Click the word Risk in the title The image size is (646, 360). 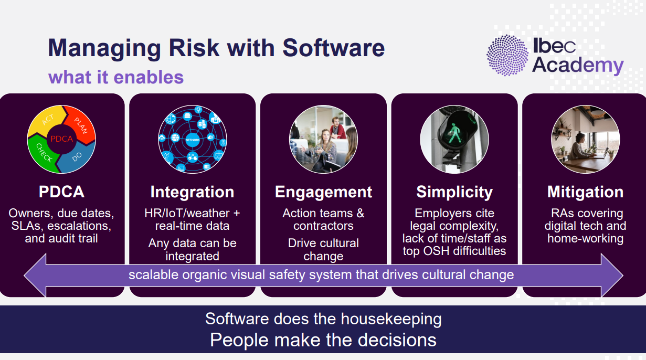(x=194, y=48)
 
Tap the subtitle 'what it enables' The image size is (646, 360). (x=116, y=77)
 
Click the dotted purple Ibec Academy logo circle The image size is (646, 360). (x=507, y=55)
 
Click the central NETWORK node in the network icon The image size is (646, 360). (x=193, y=140)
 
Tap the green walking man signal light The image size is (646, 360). (x=454, y=134)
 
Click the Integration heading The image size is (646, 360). (x=193, y=192)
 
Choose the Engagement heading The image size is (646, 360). (x=324, y=192)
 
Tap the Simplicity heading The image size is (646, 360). (x=454, y=192)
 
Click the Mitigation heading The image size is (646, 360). (x=586, y=192)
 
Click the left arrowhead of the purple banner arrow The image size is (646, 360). (x=35, y=275)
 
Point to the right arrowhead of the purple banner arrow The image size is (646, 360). (x=612, y=275)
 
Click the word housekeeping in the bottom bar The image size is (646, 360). (x=391, y=319)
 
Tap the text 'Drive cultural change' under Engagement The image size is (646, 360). (x=324, y=249)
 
